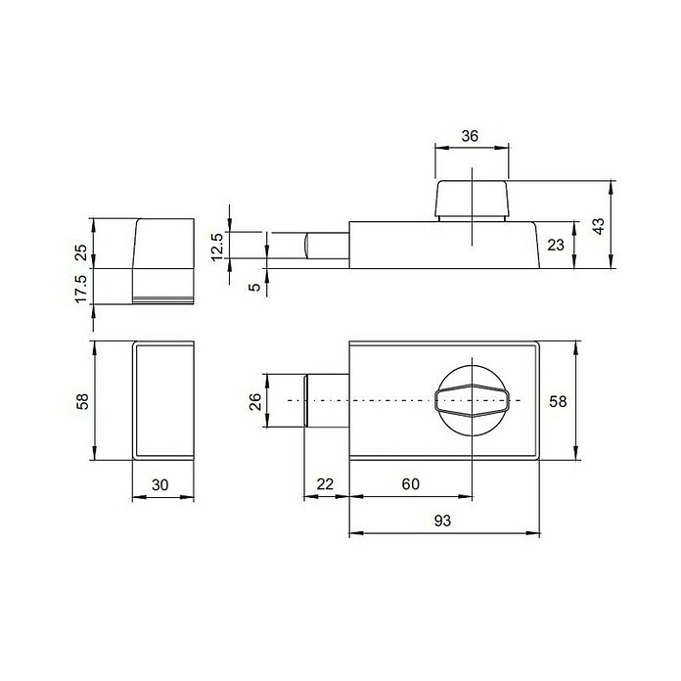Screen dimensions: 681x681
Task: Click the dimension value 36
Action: click(x=470, y=136)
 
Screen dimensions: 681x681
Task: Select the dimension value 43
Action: click(x=599, y=226)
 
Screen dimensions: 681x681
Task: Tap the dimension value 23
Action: click(x=556, y=245)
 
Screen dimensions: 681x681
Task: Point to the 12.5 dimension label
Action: click(x=216, y=247)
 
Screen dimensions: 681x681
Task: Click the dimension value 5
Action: click(x=255, y=287)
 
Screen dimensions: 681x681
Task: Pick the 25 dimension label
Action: click(x=81, y=252)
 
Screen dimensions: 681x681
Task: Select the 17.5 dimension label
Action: click(x=81, y=289)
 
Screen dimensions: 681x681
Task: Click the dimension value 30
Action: click(x=159, y=484)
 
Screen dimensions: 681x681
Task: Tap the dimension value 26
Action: click(x=255, y=401)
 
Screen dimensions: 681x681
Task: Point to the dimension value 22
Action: click(x=325, y=483)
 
